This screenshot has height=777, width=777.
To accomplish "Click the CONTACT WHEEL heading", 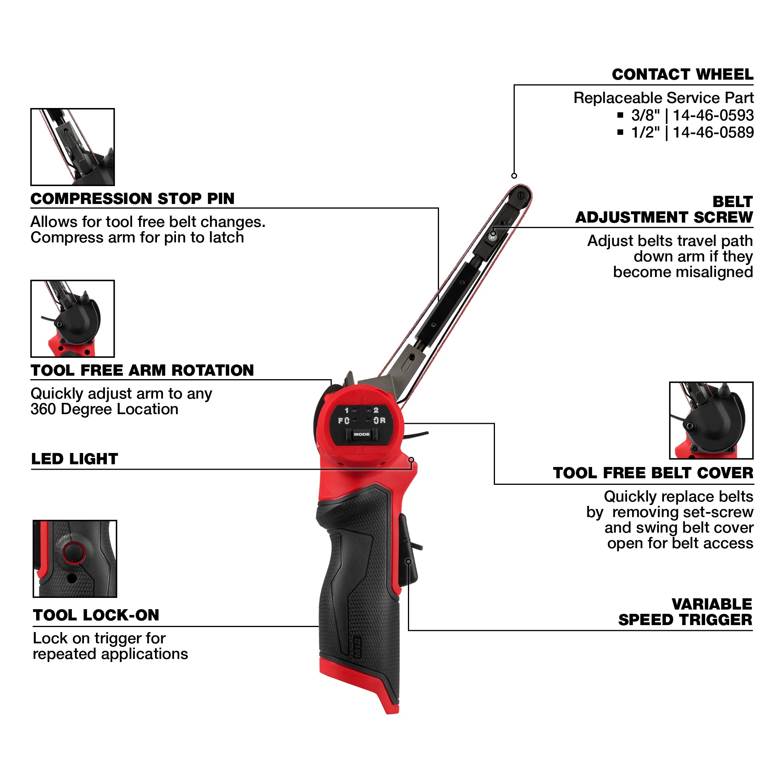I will click(x=683, y=75).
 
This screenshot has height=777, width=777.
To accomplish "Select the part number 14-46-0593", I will click(x=713, y=115).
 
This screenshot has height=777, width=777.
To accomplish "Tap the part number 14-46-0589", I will click(x=713, y=132).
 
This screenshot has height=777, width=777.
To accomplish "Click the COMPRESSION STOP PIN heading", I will click(x=132, y=199).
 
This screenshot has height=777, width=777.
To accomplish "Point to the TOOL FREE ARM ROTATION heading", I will click(x=142, y=370).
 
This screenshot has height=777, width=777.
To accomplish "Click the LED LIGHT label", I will click(x=75, y=459).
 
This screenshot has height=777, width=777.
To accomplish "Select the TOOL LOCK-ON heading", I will click(x=96, y=615).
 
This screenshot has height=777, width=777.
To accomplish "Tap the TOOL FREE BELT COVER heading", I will click(x=653, y=473).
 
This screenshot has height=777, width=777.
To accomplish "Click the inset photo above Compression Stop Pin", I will click(x=73, y=147).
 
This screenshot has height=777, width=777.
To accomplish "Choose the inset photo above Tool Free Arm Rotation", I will click(x=73, y=319).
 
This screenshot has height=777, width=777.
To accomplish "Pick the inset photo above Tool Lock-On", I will click(x=75, y=559).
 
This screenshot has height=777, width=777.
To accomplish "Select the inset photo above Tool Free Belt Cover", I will click(x=711, y=420).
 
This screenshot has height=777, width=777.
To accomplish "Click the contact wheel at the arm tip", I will click(x=521, y=196).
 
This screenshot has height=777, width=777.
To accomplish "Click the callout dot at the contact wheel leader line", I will click(x=514, y=176).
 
